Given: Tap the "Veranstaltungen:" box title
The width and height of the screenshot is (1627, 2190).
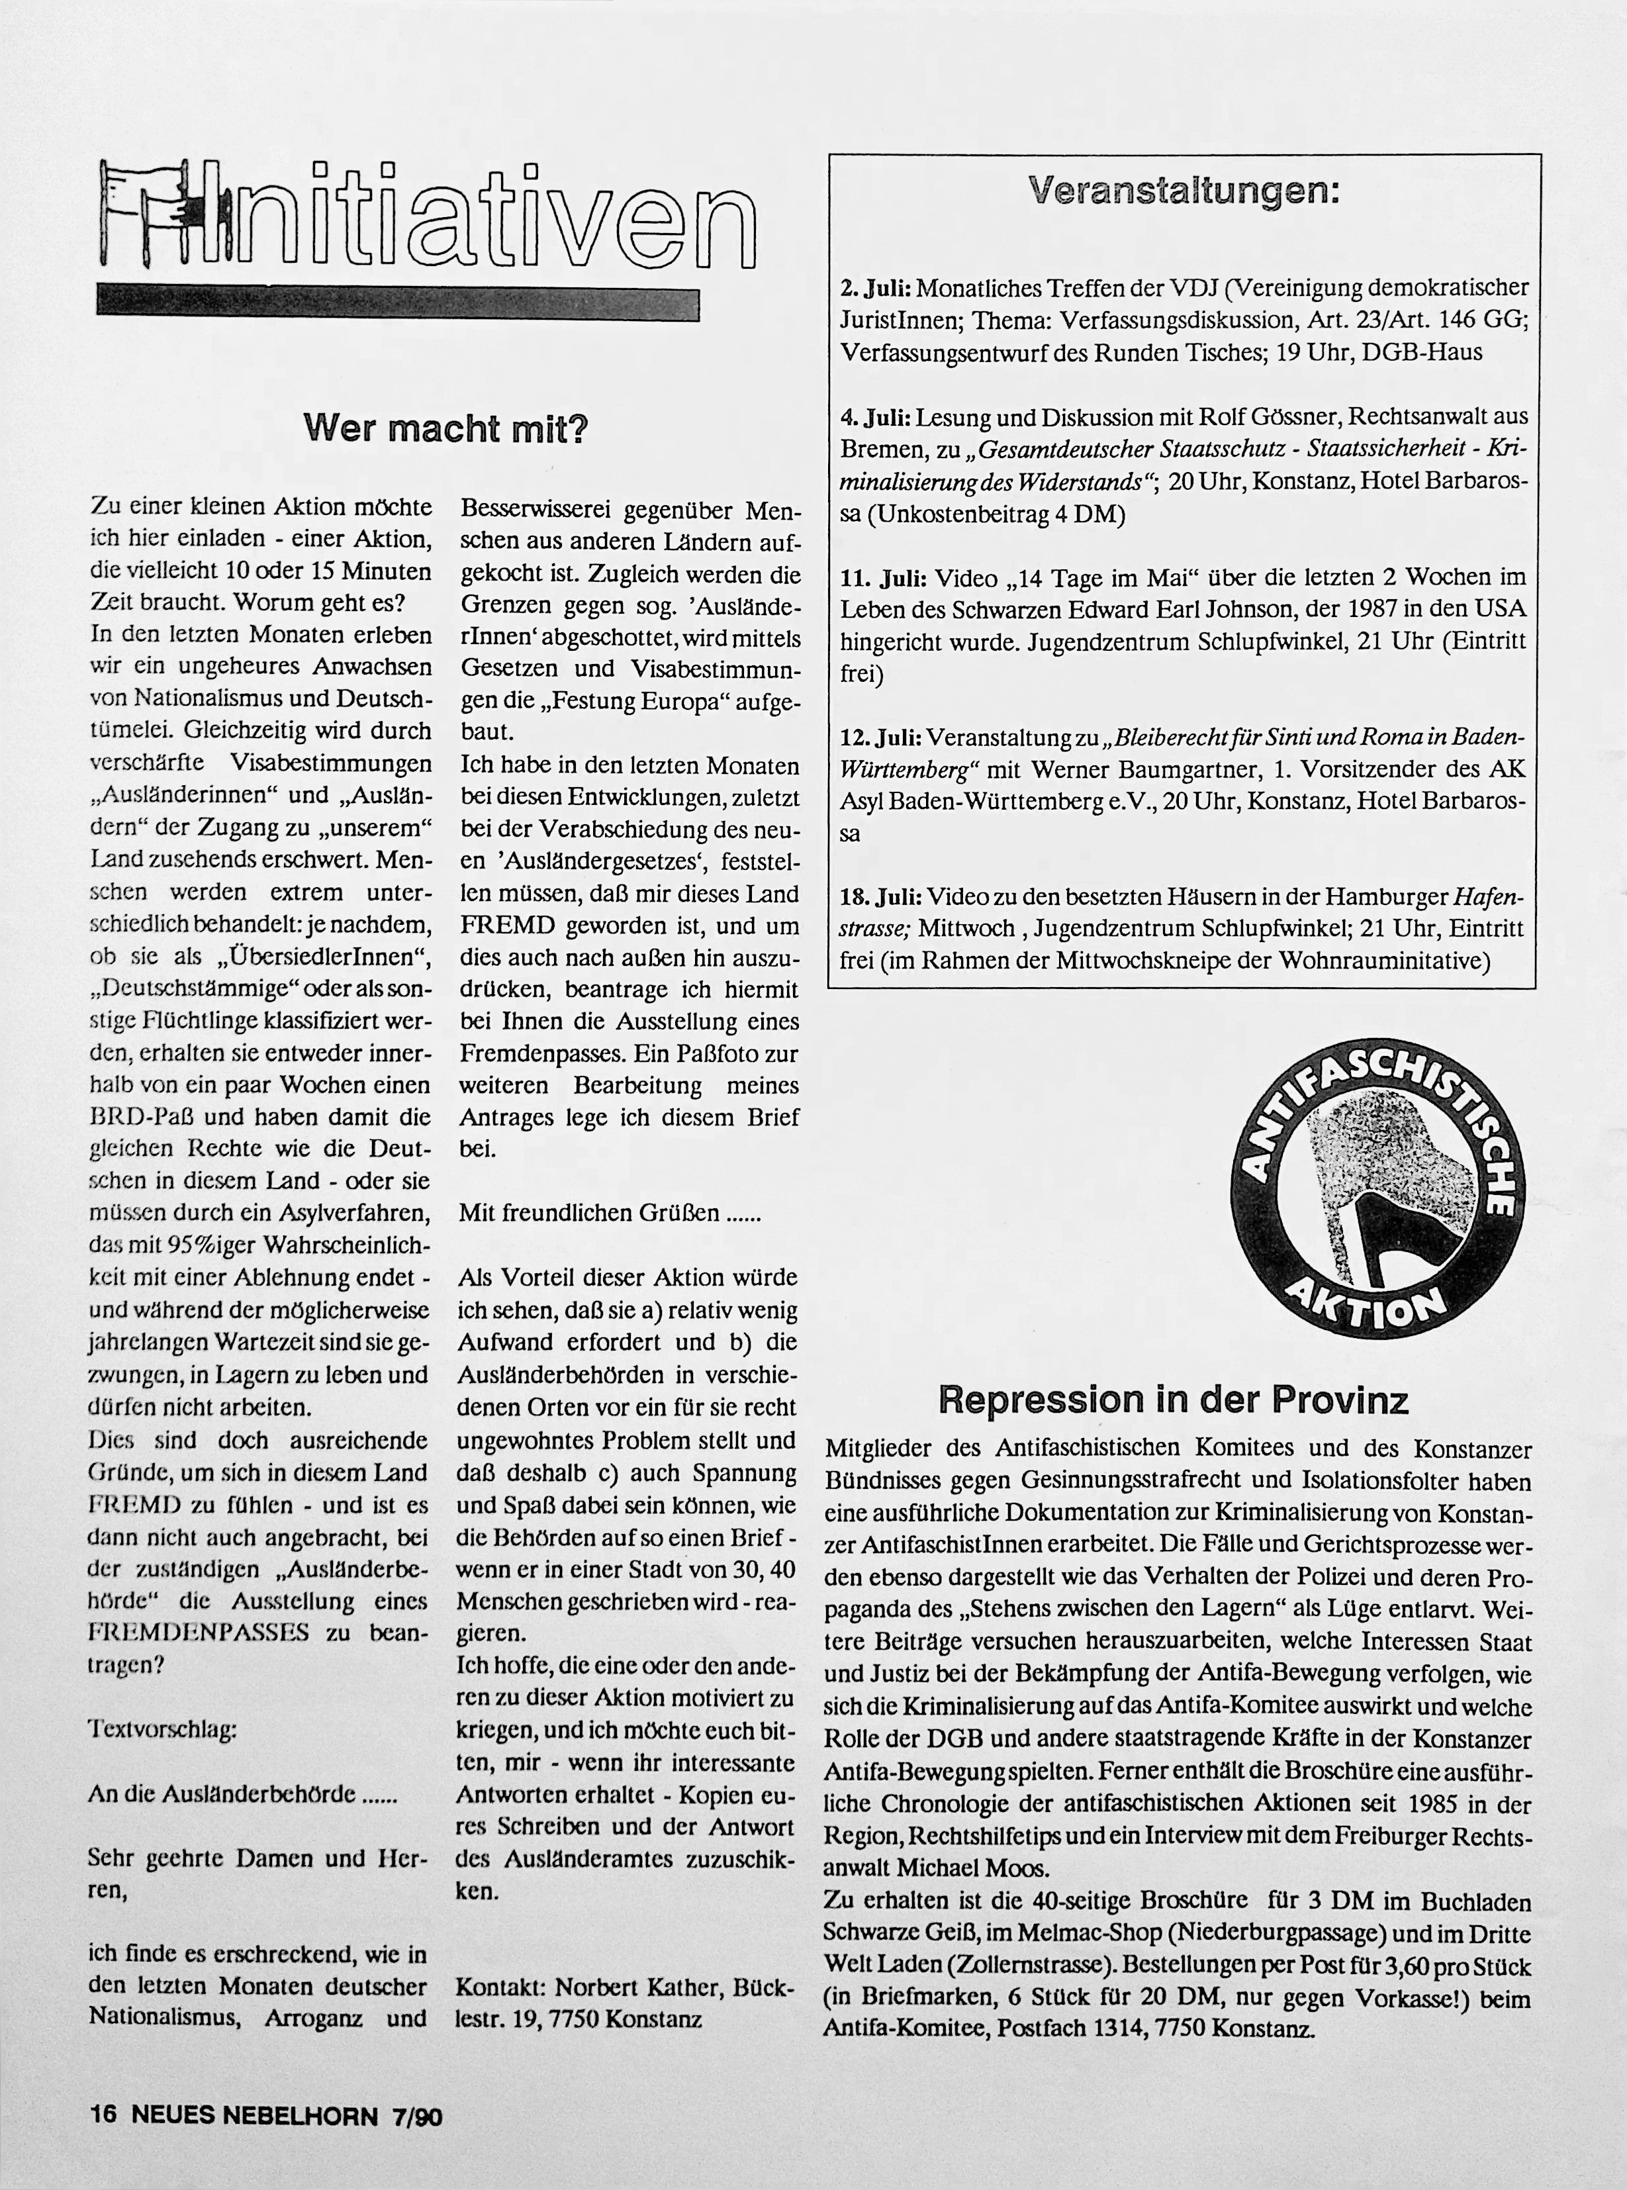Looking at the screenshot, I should click(x=1183, y=190).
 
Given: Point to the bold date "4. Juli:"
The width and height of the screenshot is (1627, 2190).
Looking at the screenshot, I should click(x=876, y=418).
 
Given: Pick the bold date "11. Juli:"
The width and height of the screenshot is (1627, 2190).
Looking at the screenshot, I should click(x=882, y=577).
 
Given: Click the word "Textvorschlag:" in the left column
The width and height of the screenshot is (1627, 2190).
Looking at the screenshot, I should click(x=163, y=1729).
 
